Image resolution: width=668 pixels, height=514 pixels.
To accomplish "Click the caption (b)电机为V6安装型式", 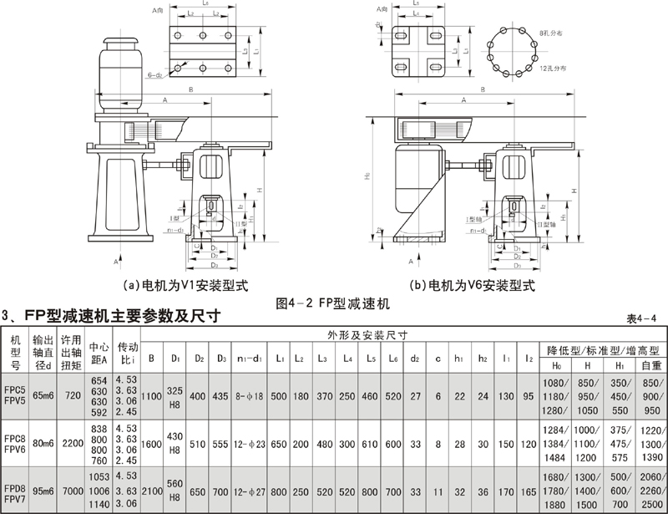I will click(x=473, y=284).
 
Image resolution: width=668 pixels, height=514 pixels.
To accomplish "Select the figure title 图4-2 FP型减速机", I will click(x=332, y=302).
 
